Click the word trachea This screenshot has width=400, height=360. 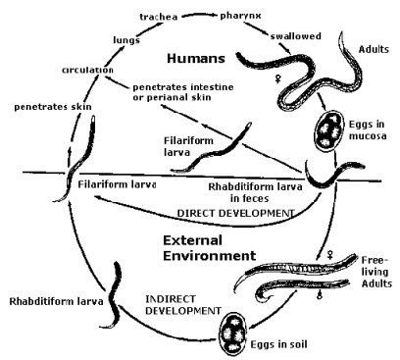click(x=159, y=17)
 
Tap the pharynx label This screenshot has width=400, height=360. click(x=240, y=16)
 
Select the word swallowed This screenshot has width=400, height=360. click(x=296, y=36)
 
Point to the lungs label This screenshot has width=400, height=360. click(x=126, y=40)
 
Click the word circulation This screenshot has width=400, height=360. click(x=87, y=70)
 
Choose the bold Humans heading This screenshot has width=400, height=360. click(x=196, y=59)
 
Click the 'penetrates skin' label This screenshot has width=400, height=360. click(x=53, y=107)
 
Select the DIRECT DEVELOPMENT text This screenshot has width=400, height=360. click(x=235, y=213)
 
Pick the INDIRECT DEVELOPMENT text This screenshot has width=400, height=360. click(x=183, y=305)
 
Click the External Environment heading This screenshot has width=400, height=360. click(x=210, y=248)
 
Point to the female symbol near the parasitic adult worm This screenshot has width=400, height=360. click(x=277, y=78)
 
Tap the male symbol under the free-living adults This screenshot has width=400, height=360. click(x=320, y=294)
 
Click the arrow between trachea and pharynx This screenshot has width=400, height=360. click(x=199, y=15)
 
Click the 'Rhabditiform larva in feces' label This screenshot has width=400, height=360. click(x=255, y=192)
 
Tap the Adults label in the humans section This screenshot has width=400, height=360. click(x=374, y=49)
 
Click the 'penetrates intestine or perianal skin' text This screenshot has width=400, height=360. click(x=183, y=92)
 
